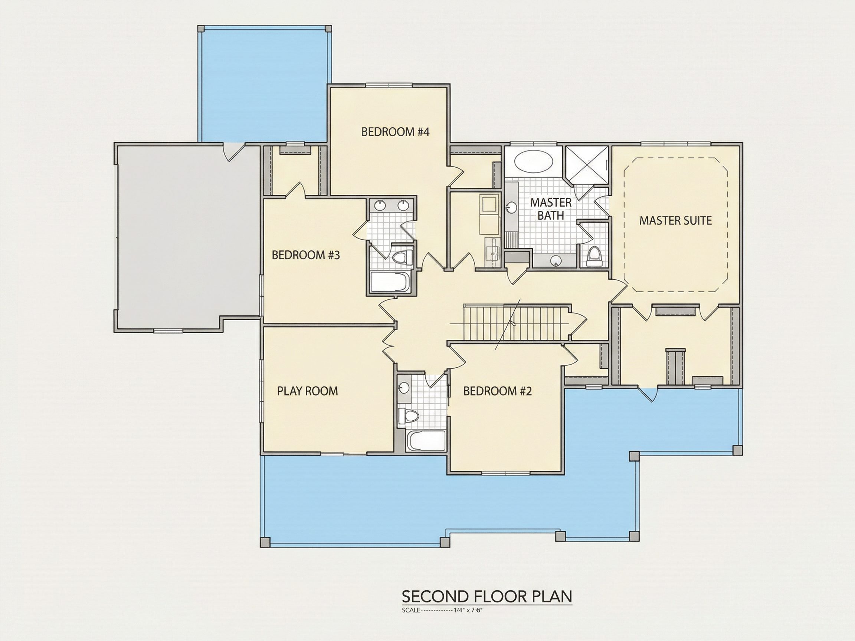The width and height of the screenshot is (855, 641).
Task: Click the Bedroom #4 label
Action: pos(396,132)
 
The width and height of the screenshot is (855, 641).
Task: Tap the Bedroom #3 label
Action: pos(306,255)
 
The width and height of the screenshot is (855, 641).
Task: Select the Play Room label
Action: pos(307,391)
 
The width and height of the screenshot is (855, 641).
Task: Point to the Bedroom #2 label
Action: pos(498,391)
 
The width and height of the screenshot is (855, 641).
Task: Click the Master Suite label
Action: pos(675,221)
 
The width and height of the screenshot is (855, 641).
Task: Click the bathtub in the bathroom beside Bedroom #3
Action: pos(389,282)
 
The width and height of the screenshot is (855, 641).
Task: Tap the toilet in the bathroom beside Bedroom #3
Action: pos(402,257)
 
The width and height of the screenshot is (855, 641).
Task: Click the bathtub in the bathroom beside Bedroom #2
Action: pos(426,440)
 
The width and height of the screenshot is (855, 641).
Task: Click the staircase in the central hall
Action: pos(516,323)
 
